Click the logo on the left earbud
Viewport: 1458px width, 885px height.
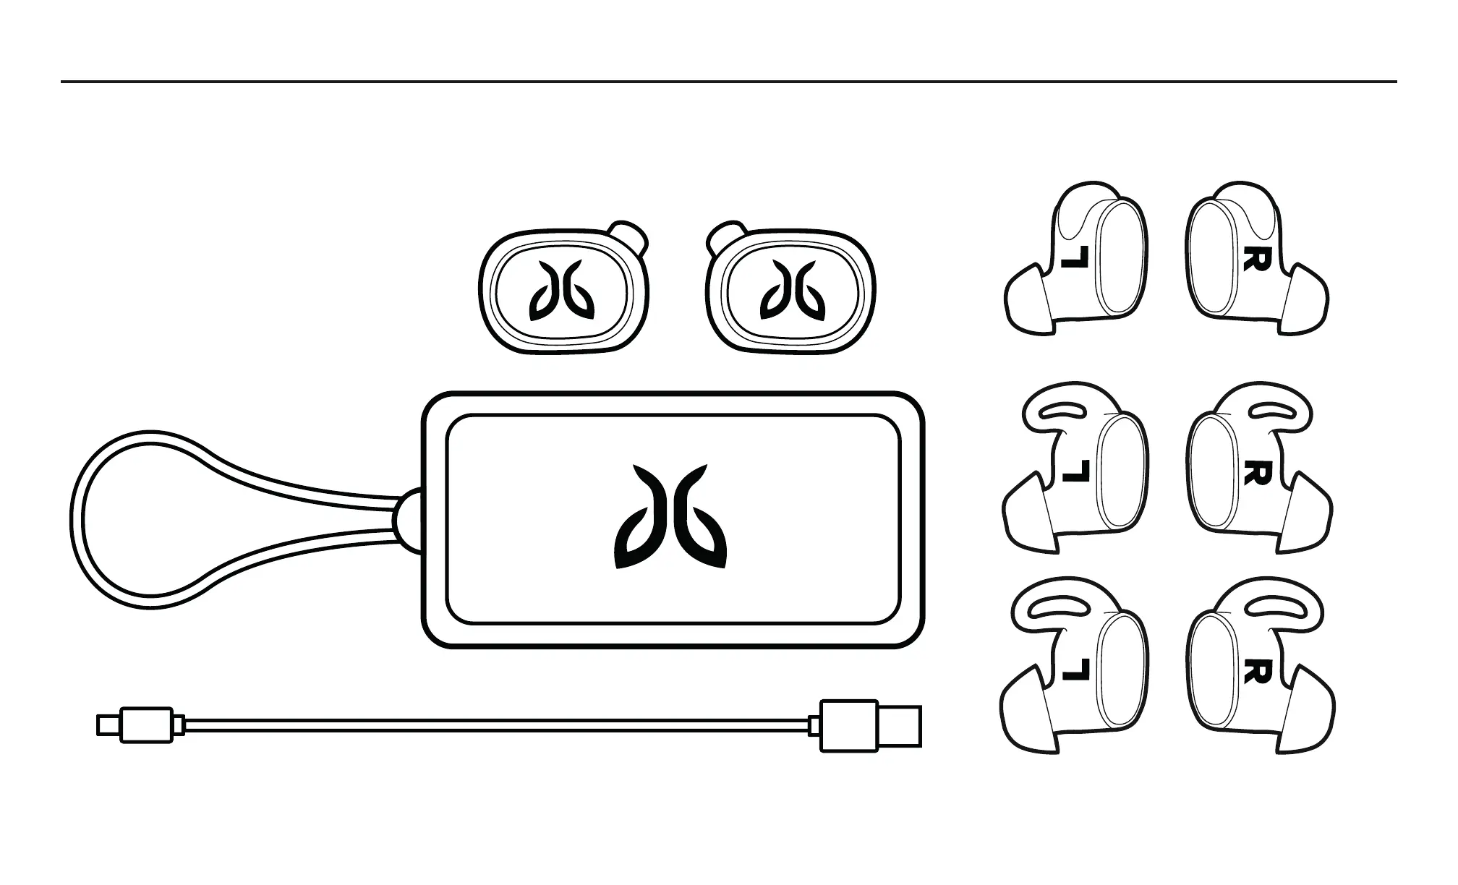(x=562, y=291)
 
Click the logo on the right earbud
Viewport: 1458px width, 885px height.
(x=793, y=291)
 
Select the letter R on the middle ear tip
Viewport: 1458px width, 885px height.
(x=1255, y=474)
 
